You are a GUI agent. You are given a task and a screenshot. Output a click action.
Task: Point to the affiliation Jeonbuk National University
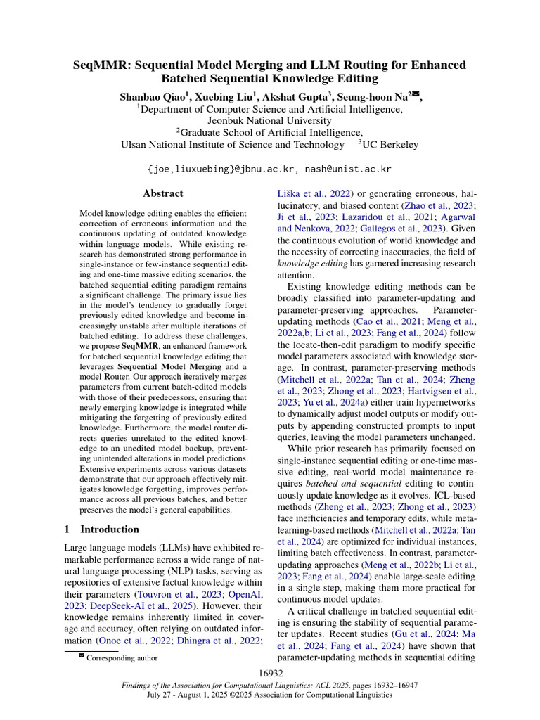pyautogui.click(x=270, y=120)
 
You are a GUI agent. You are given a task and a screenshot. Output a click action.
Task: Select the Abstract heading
pyautogui.click(x=162, y=193)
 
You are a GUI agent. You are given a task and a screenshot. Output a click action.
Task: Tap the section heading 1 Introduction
pyautogui.click(x=101, y=529)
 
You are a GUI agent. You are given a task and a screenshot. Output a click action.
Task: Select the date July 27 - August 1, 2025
pyautogui.click(x=189, y=695)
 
